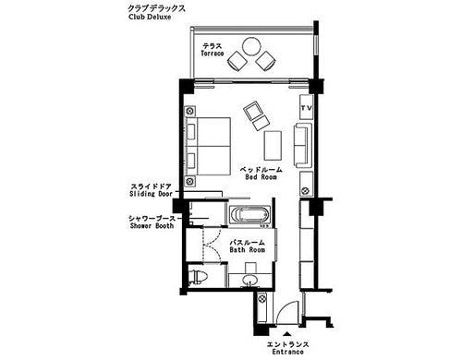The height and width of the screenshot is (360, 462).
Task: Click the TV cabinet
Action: click(x=307, y=107)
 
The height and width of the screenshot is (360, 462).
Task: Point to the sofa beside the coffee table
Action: click(x=303, y=145)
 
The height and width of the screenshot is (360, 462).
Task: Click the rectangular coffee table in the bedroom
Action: click(x=273, y=145)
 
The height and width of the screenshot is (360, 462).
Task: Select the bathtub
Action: click(x=249, y=215)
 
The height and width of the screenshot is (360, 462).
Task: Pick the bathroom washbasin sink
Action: click(x=250, y=281)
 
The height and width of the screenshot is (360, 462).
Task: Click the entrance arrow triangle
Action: click(x=287, y=333)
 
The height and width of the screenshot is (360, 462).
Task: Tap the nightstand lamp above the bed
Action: click(x=190, y=111)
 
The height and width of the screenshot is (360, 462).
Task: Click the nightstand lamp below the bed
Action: click(x=190, y=181)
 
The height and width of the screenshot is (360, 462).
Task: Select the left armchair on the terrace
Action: click(x=237, y=61)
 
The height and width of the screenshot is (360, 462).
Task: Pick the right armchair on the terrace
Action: click(x=265, y=61)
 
